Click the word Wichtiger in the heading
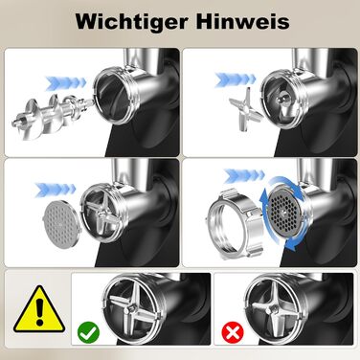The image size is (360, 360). click(x=131, y=22)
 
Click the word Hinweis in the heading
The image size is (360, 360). click(x=242, y=21)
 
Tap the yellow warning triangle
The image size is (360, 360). click(x=39, y=309)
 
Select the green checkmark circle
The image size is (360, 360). click(x=88, y=332)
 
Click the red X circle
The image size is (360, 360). click(x=233, y=333)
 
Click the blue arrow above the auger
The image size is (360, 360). click(x=66, y=82)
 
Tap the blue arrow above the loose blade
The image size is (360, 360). click(x=236, y=80)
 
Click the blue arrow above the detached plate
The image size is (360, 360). click(x=55, y=190)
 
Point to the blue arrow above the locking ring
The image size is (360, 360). click(x=244, y=176)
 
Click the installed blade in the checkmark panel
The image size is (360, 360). click(x=131, y=308)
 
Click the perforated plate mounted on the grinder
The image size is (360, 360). click(x=284, y=214)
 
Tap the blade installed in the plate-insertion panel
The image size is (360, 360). click(x=101, y=214)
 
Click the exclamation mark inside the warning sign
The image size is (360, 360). click(x=39, y=313)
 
